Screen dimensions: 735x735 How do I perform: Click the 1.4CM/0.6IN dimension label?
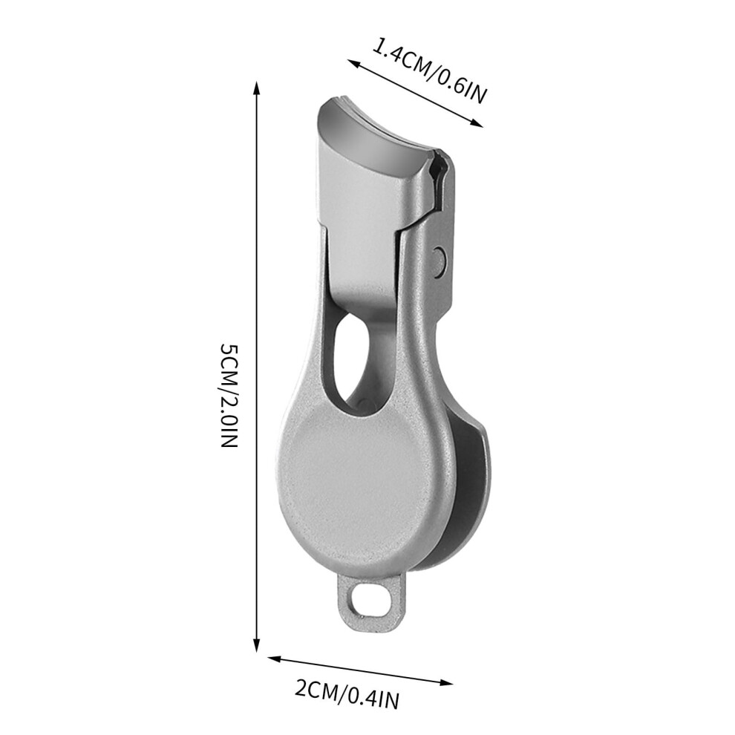pyautogui.click(x=430, y=71)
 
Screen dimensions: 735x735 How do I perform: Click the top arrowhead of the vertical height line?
pyautogui.click(x=256, y=89)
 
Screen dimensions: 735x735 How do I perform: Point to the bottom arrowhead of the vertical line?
pyautogui.click(x=256, y=644)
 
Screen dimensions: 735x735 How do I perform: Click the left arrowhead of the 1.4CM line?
pyautogui.click(x=354, y=63)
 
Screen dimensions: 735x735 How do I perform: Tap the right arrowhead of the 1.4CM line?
pyautogui.click(x=475, y=123)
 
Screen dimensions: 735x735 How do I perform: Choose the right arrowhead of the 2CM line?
pyautogui.click(x=445, y=682)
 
